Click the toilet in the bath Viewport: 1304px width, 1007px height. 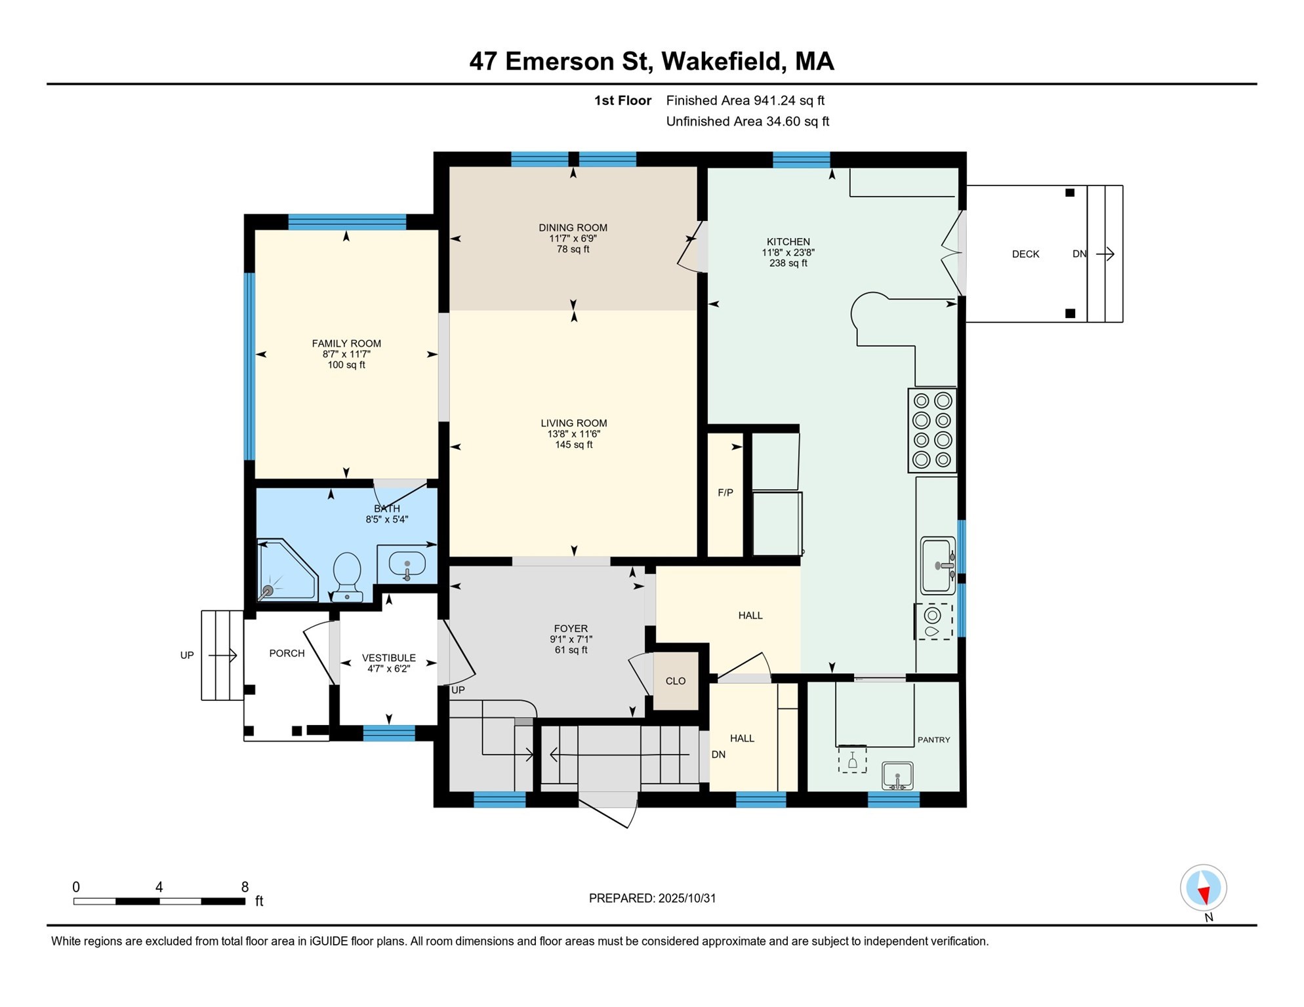[347, 576]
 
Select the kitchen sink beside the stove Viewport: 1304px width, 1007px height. [937, 565]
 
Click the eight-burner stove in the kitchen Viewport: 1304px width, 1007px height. [932, 430]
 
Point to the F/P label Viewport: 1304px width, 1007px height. [725, 493]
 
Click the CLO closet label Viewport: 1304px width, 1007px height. [675, 681]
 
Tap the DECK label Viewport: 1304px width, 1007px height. [1025, 254]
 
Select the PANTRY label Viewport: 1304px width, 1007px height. [933, 740]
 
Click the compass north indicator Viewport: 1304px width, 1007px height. [1203, 888]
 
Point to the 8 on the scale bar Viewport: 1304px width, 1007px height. [245, 887]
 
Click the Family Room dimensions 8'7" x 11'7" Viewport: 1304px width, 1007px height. [346, 354]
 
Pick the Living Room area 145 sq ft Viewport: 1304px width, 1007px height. [573, 444]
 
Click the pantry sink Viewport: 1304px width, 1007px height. [897, 776]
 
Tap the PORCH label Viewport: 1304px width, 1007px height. [287, 654]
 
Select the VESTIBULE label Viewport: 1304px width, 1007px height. [388, 658]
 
